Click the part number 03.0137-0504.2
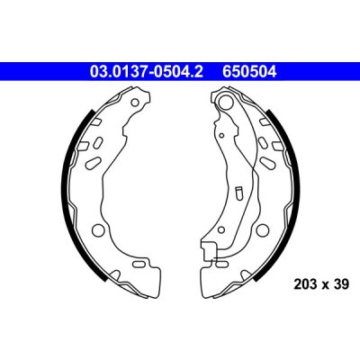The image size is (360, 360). click(x=147, y=72)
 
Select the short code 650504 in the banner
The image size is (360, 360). click(x=249, y=72)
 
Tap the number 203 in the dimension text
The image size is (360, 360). click(x=304, y=283)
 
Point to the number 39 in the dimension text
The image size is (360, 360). click(x=342, y=283)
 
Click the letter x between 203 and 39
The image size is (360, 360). click(x=325, y=285)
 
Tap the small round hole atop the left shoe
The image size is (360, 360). click(x=135, y=103)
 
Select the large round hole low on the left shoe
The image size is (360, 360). click(x=97, y=229)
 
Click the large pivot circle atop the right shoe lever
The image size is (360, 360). click(x=226, y=101)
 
